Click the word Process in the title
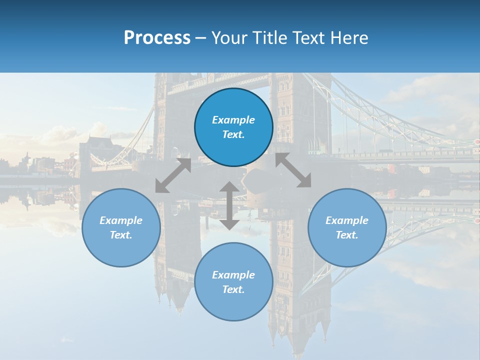pos(157,38)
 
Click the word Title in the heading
pos(269,38)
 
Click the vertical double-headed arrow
pos(229,205)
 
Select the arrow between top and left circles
pos(173,175)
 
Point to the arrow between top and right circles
pos(293,170)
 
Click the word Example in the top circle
pos(233,120)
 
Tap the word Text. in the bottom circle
pos(233,289)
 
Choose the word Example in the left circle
pos(121,220)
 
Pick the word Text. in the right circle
pos(347,235)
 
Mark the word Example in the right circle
pos(347,220)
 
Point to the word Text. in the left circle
pos(121,235)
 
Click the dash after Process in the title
pos(201,38)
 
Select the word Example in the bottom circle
pos(233,275)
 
